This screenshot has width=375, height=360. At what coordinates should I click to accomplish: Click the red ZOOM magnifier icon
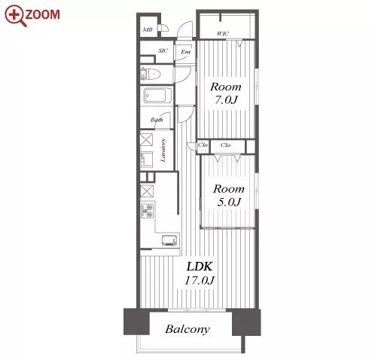[x=16, y=16]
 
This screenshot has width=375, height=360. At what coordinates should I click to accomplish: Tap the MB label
[x=148, y=29]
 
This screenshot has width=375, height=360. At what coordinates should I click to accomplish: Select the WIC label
[x=223, y=33]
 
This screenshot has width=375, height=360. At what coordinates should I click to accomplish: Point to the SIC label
[x=163, y=50]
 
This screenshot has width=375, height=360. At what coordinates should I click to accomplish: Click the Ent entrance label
[x=186, y=52]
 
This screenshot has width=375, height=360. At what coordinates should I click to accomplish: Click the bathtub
[x=154, y=96]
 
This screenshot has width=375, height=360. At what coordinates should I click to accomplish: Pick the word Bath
[x=157, y=120]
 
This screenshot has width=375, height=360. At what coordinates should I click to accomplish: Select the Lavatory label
[x=163, y=150]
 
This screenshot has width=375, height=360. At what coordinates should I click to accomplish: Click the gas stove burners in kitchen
[x=147, y=211]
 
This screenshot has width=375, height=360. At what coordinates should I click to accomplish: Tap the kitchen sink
[x=169, y=241]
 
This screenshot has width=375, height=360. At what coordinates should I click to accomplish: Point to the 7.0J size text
[x=226, y=100]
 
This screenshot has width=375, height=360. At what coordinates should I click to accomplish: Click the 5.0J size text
[x=229, y=202]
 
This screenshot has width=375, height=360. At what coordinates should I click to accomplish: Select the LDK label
[x=200, y=267]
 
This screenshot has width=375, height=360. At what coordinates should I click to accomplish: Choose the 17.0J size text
[x=200, y=280]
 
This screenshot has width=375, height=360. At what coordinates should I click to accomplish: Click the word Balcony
[x=187, y=329]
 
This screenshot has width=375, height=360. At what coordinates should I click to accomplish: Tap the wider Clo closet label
[x=225, y=145]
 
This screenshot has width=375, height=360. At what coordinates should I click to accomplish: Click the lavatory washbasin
[x=146, y=159]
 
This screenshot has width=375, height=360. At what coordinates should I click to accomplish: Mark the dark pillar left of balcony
[x=136, y=322]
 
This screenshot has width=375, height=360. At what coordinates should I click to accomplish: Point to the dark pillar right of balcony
[x=246, y=322]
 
